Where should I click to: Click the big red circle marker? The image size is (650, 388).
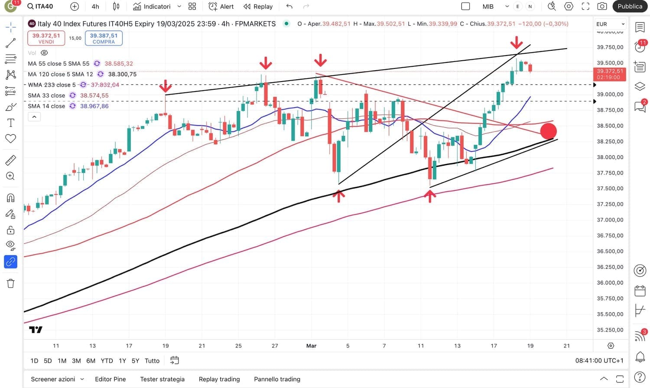pyautogui.click(x=548, y=131)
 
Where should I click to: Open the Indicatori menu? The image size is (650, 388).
pyautogui.click(x=156, y=7)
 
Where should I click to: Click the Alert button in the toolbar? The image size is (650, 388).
pyautogui.click(x=221, y=7)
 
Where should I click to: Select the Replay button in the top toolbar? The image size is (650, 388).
pyautogui.click(x=258, y=7)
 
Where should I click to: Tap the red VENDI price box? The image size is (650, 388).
pyautogui.click(x=46, y=38)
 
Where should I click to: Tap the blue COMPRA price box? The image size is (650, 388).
pyautogui.click(x=104, y=38)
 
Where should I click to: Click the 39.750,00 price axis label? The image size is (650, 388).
pyautogui.click(x=610, y=47)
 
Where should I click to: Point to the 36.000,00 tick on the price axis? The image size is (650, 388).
pyautogui.click(x=610, y=283)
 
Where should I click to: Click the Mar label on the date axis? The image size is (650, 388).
pyautogui.click(x=311, y=346)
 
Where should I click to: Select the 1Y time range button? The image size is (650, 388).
pyautogui.click(x=122, y=361)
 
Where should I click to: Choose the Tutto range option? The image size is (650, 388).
pyautogui.click(x=152, y=361)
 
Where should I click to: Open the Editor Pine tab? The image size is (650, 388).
pyautogui.click(x=110, y=379)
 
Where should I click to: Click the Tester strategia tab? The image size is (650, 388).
pyautogui.click(x=162, y=379)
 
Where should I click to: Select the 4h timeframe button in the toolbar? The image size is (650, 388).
pyautogui.click(x=95, y=7)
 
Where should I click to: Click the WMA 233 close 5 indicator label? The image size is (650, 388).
pyautogui.click(x=52, y=85)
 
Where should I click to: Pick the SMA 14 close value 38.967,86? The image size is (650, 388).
pyautogui.click(x=94, y=106)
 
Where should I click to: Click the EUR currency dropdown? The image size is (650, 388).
pyautogui.click(x=610, y=24)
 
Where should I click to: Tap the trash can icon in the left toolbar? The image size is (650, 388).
pyautogui.click(x=11, y=284)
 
